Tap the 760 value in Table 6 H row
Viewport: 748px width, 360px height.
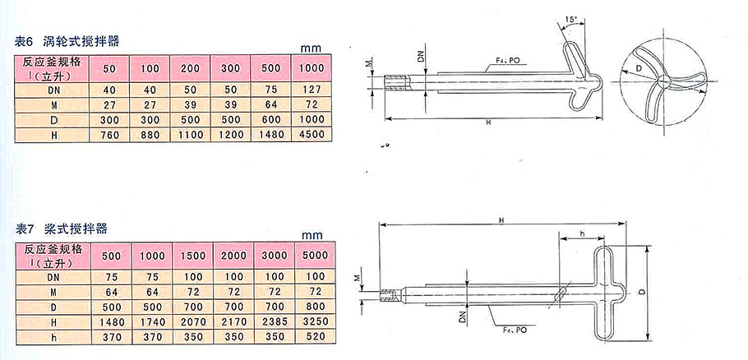(109, 135)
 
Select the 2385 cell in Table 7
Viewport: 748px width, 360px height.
(274, 321)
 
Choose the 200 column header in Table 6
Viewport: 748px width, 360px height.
(191, 68)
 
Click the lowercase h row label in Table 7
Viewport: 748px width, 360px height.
(53, 337)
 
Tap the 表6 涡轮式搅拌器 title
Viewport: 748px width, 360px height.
(67, 41)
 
